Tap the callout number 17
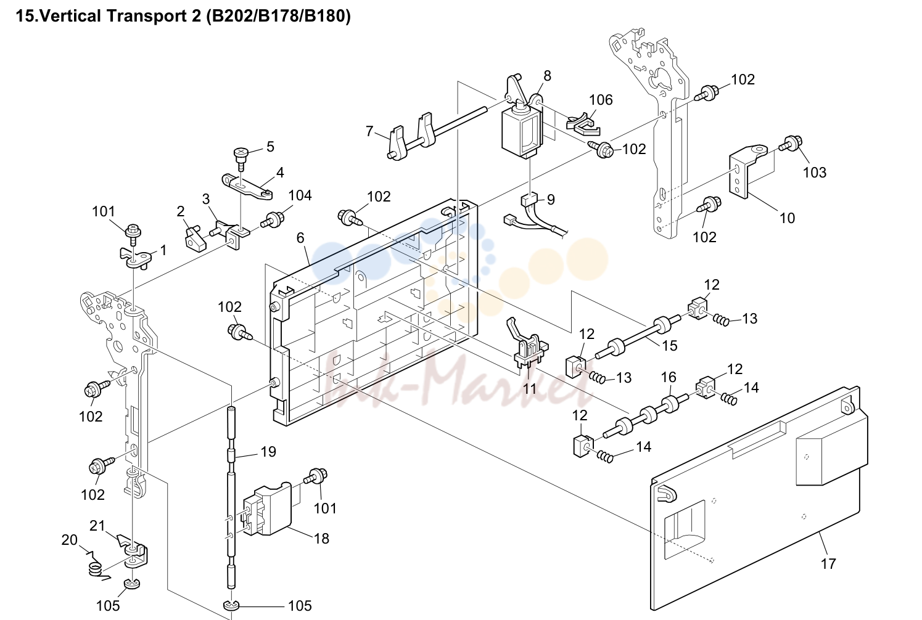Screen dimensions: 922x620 (x=828, y=563)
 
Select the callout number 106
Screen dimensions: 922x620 (x=601, y=100)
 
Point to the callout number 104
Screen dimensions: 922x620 (x=300, y=195)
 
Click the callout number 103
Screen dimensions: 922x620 (x=815, y=173)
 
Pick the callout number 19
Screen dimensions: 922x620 (x=268, y=452)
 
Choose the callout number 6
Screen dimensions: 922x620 (x=300, y=237)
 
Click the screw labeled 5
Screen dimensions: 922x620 (x=240, y=158)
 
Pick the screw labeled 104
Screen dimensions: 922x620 (x=273, y=219)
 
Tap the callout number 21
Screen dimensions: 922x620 (x=97, y=525)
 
